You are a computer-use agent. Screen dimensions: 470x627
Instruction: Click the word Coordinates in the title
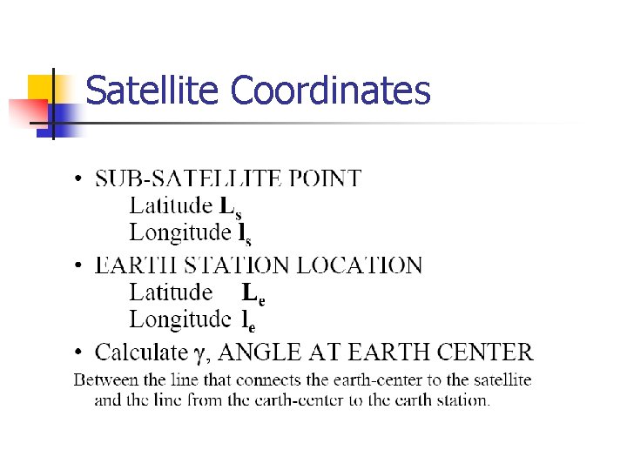click(331, 91)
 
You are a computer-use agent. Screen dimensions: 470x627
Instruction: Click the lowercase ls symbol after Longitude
click(245, 234)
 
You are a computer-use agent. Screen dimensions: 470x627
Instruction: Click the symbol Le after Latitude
click(253, 293)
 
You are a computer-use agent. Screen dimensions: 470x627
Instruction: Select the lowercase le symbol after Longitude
click(248, 321)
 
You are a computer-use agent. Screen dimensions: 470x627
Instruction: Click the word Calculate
click(141, 352)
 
